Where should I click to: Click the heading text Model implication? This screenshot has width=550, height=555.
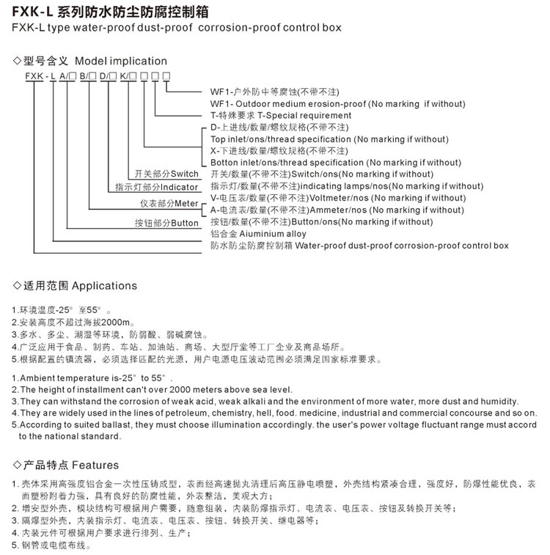[121, 61]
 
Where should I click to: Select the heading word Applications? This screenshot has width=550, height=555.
[104, 285]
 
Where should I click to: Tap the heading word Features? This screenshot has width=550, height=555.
[95, 465]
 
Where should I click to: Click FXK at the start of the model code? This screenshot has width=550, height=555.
[33, 76]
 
